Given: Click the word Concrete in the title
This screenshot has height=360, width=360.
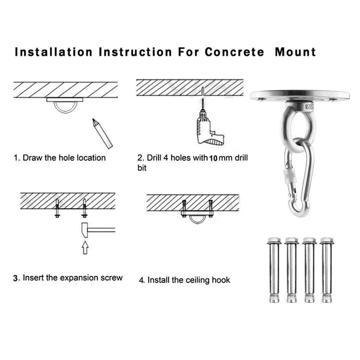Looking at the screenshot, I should click(234, 52).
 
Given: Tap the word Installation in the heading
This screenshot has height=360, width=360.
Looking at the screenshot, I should click(53, 52).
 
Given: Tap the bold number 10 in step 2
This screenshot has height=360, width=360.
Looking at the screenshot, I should click(213, 158).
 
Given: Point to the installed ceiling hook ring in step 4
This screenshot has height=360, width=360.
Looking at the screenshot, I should click(197, 219).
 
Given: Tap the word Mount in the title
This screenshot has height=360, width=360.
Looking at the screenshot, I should click(295, 52).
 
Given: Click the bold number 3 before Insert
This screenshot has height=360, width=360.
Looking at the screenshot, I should click(16, 278).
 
